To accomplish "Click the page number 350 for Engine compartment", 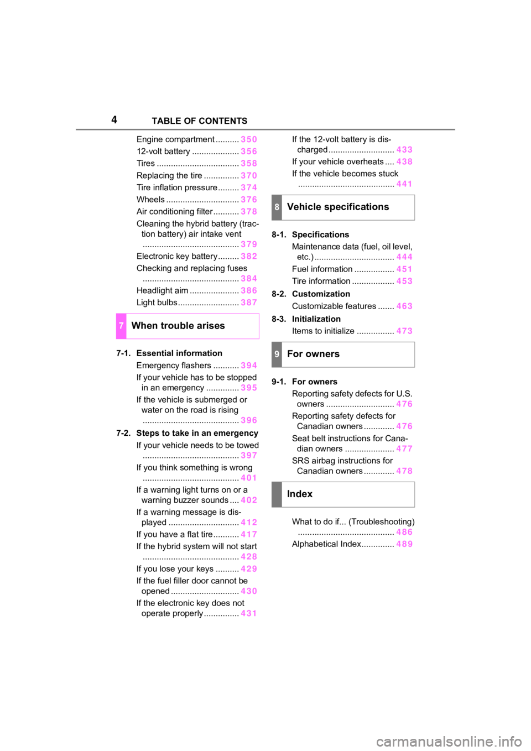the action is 249,139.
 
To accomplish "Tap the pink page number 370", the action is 249,176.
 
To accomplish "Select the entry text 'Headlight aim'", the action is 162,290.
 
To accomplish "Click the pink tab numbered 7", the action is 121,326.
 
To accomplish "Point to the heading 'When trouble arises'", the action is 178,326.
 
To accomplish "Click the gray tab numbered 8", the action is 277,207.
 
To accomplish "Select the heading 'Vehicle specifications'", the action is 338,207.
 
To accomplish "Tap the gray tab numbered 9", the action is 277,354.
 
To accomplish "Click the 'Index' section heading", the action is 300,494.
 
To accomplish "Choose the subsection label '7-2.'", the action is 123,433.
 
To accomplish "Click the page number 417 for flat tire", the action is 249,534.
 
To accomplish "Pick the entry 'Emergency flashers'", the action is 174,366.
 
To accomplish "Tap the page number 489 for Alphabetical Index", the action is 404,544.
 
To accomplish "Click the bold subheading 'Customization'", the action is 321,294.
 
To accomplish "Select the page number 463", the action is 404,306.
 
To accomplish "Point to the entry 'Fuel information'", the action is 322,269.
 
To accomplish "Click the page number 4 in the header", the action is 114,119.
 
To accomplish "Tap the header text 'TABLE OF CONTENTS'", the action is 200,121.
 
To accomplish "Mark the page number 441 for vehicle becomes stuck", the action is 404,184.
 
